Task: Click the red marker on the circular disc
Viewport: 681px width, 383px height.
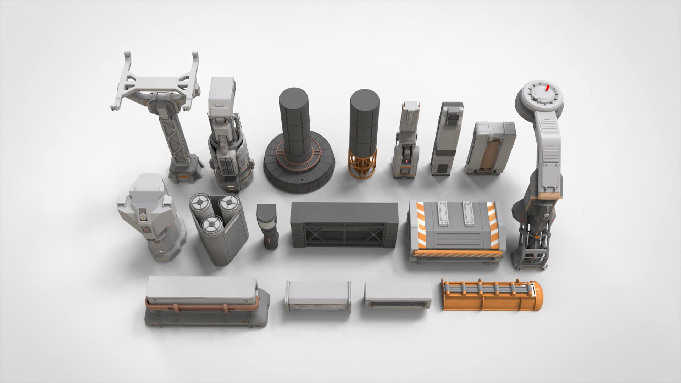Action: point(548,88)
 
